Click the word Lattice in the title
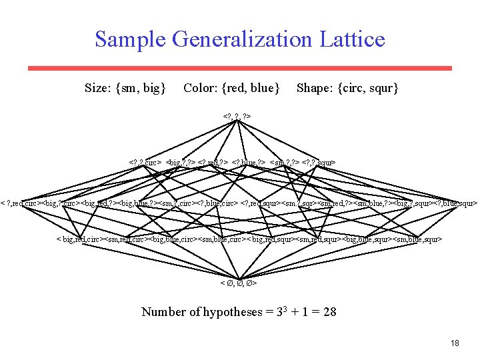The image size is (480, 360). pos(348,39)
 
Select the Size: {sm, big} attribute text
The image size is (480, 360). pos(125,87)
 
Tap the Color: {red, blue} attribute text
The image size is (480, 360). pos(231,87)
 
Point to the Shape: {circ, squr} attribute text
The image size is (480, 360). pos(347,87)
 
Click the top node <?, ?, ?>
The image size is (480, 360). pos(239,118)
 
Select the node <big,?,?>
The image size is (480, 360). pos(180,162)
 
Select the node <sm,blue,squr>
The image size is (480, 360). pos(417,239)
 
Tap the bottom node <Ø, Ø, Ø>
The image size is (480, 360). pos(239,283)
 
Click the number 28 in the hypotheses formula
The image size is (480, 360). pos(329,311)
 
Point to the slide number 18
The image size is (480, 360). pos(455,343)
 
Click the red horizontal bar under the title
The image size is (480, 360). pos(240,68)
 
